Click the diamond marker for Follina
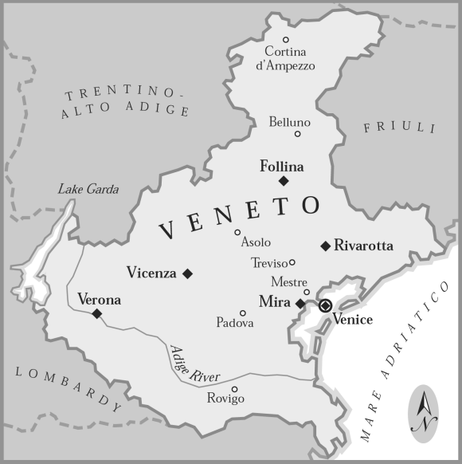284,181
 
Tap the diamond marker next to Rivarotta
325,246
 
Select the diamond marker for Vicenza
188,273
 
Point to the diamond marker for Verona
97,314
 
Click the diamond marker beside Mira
300,304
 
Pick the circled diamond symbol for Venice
325,305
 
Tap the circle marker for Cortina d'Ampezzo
286,39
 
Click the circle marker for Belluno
298,134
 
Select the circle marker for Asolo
237,233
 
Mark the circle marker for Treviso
292,261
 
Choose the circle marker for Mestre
307,292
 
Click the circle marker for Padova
243,313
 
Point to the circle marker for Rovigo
234,389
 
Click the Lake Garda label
88,190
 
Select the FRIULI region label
400,128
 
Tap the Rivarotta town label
363,246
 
